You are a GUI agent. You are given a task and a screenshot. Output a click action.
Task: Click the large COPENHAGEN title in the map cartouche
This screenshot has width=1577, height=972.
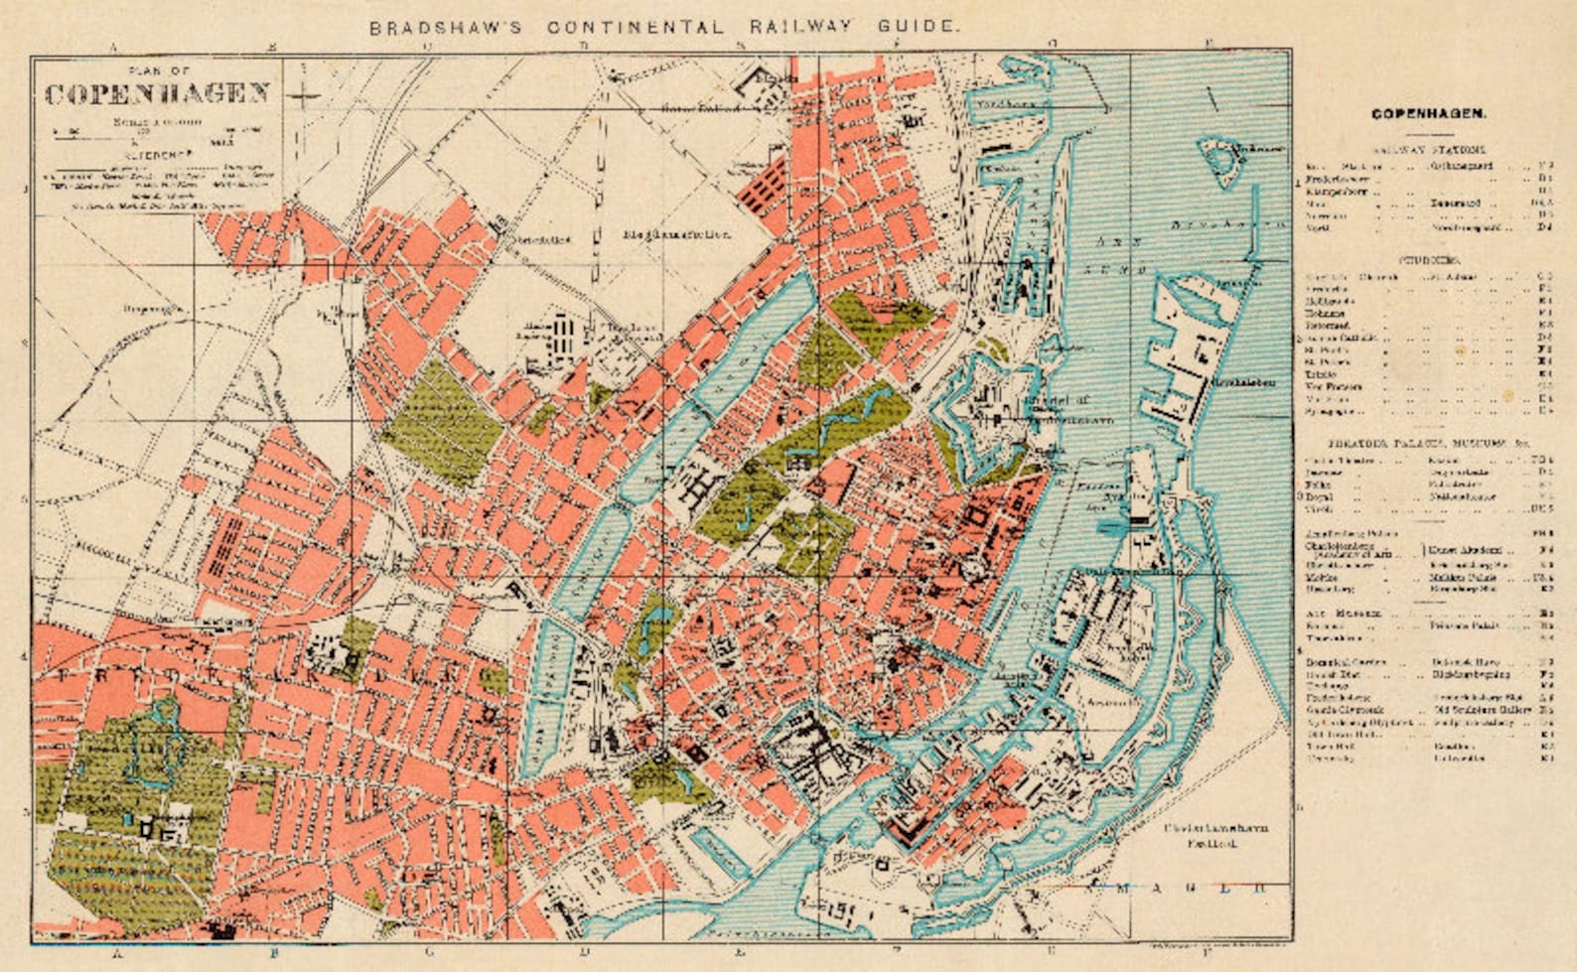(158, 94)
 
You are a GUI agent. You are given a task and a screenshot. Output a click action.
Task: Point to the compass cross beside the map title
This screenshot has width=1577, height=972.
(304, 96)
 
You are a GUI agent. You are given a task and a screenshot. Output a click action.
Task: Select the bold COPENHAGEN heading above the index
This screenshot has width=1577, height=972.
(1429, 114)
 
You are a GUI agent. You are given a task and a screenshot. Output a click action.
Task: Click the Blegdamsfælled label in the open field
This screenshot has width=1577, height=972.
(677, 235)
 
